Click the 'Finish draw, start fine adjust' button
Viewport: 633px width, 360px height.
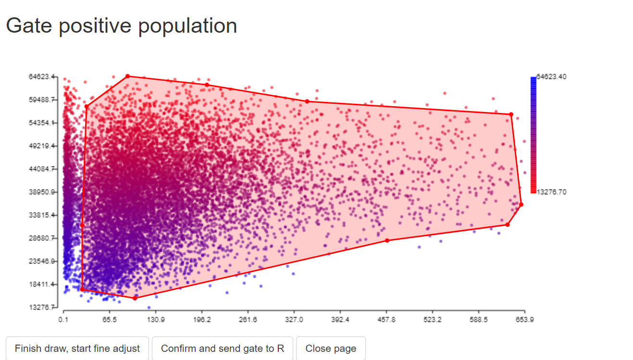pos(77,348)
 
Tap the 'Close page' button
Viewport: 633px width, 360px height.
pos(331,348)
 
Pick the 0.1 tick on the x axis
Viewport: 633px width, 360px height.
pos(63,320)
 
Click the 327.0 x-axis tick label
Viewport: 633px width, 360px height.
pos(294,320)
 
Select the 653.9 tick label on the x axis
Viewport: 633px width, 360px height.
pos(524,320)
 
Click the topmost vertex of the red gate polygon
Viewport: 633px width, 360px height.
pos(127,76)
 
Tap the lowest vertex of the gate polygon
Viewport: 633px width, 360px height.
pos(135,298)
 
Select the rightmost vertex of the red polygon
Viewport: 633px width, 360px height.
pos(521,204)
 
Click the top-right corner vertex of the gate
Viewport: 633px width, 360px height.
pos(511,114)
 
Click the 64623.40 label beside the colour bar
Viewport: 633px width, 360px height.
pos(551,77)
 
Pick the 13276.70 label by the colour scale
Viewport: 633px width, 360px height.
pos(551,192)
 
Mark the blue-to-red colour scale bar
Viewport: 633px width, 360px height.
pos(533,135)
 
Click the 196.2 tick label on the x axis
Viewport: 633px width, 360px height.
pos(201,320)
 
